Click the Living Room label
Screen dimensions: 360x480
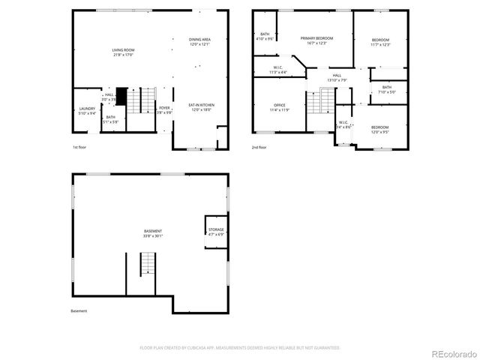point(122,50)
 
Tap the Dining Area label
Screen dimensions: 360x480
point(199,39)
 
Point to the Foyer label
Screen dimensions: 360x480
point(164,108)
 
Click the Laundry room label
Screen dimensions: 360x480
point(87,109)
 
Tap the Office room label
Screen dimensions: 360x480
point(279,104)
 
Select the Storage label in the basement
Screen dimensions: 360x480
point(216,229)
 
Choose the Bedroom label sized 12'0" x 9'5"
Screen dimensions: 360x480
point(381,127)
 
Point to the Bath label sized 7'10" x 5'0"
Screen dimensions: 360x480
point(386,88)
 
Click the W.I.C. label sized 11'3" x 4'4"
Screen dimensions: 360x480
point(277,67)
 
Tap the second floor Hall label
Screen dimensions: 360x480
point(337,75)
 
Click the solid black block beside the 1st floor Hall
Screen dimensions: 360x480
point(120,97)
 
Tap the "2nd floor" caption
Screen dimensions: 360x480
point(259,148)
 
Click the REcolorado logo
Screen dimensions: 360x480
point(451,353)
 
